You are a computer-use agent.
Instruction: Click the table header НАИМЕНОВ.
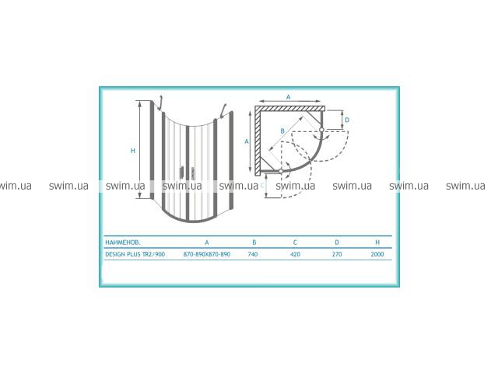(x=123, y=242)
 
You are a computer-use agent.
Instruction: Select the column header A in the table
(x=207, y=242)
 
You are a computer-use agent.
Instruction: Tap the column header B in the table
(x=254, y=242)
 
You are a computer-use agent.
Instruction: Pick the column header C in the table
(x=295, y=242)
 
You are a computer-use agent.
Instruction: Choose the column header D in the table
(x=337, y=242)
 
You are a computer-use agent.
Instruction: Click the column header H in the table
(x=377, y=242)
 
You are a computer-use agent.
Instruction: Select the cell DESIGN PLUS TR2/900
(x=135, y=254)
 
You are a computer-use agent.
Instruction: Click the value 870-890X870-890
(x=207, y=254)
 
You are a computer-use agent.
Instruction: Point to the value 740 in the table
(x=253, y=254)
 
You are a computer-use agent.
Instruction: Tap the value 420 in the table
(x=295, y=254)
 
